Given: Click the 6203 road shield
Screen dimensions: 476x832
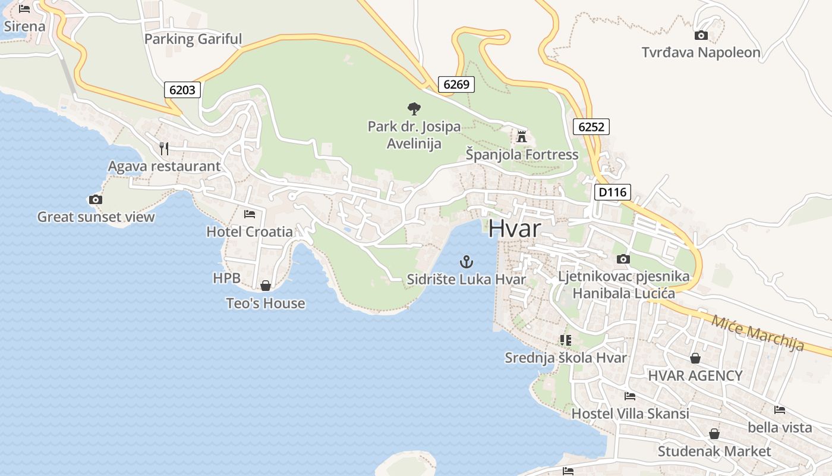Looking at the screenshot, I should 182,90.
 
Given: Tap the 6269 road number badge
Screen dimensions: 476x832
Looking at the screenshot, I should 456,84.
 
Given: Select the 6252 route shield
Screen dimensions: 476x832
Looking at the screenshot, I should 591,126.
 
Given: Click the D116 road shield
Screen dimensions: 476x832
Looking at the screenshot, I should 612,192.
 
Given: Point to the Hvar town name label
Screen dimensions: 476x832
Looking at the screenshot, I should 515,228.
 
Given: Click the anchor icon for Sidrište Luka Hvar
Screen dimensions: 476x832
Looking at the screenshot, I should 467,261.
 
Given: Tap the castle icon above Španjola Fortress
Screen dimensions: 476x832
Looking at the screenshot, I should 522,137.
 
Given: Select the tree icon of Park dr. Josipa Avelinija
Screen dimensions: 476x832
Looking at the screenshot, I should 414,108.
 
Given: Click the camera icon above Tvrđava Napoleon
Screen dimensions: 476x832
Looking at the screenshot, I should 701,35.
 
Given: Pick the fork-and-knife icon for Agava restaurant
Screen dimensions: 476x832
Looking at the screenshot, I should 164,148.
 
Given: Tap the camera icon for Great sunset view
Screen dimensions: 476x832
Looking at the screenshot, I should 95,199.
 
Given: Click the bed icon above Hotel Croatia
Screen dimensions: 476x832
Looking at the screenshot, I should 250,214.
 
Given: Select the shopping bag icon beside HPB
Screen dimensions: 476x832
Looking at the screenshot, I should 266,286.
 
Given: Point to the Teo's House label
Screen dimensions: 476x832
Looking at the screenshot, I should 266,303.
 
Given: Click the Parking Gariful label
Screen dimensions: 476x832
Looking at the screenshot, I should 193,39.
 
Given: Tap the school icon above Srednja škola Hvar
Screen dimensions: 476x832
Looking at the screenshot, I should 565,340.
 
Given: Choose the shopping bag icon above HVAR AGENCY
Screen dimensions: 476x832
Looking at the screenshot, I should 695,358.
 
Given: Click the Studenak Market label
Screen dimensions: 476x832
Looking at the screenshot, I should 714,452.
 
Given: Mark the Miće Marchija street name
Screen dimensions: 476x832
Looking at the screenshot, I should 758,333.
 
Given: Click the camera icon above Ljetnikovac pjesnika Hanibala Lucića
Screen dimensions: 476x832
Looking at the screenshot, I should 623,259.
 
